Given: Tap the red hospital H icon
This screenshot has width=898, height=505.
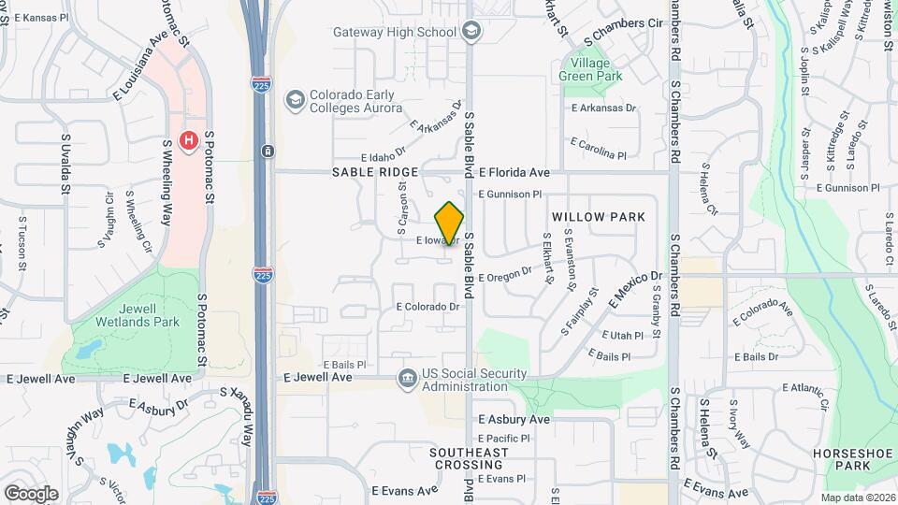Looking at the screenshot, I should tap(188, 141).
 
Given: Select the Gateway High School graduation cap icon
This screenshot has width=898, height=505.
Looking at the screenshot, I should tap(471, 32).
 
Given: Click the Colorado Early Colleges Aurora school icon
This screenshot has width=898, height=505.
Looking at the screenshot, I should tap(296, 100).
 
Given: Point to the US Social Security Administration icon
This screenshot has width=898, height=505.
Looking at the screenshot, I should tap(408, 378).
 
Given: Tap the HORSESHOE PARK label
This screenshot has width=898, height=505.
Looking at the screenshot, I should tap(840, 458).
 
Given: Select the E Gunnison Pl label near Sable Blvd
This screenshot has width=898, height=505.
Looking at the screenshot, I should tap(510, 195).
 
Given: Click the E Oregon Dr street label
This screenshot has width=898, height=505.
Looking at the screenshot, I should tap(505, 275).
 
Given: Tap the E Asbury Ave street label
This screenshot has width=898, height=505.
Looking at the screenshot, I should tap(514, 420).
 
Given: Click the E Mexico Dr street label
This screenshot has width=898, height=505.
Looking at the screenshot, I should tap(635, 291).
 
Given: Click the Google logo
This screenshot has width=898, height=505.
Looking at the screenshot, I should tap(31, 493).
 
